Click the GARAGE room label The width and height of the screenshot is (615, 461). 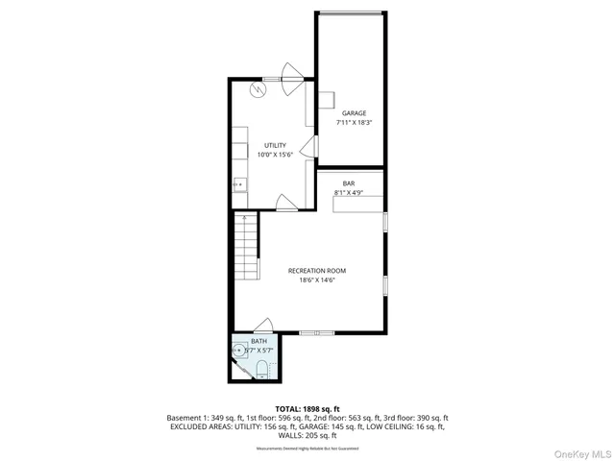[x=354, y=113]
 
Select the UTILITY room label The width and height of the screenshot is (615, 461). [x=276, y=145]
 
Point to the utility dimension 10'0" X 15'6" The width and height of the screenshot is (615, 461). [x=276, y=155]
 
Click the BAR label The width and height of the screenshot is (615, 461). [x=349, y=182]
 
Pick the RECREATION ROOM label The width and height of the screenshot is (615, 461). [x=316, y=271]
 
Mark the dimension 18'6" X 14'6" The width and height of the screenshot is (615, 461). [x=316, y=281]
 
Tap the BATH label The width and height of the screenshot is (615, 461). [x=259, y=342]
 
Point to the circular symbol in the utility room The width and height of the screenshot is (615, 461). [x=258, y=89]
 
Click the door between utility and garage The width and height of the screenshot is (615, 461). [x=307, y=146]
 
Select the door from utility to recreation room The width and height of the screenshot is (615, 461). [x=286, y=202]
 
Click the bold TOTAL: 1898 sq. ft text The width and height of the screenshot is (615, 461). [x=307, y=407]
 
